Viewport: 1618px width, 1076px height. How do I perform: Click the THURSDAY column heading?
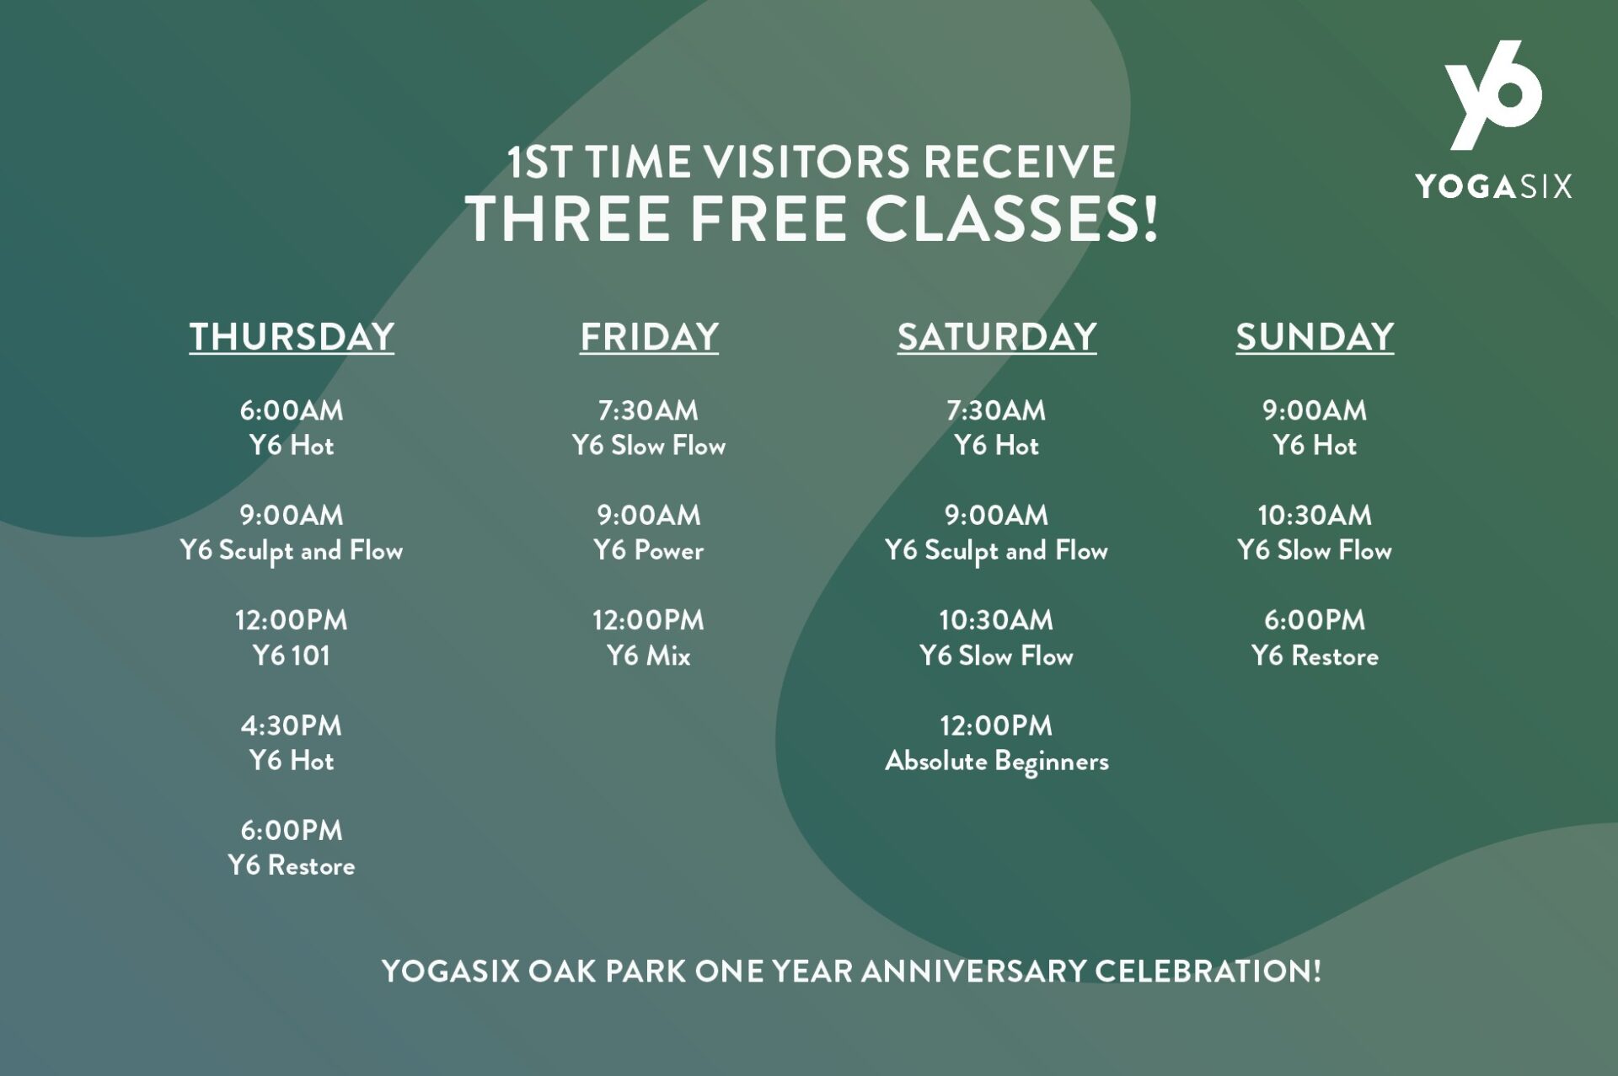pyautogui.click(x=292, y=336)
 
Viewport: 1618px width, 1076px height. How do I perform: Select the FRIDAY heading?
pyautogui.click(x=649, y=336)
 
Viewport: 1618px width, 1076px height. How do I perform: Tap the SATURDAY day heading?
pyautogui.click(x=997, y=336)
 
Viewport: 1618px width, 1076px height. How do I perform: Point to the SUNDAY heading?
pyautogui.click(x=1315, y=336)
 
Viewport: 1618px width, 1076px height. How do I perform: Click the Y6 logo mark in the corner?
pyautogui.click(x=1493, y=94)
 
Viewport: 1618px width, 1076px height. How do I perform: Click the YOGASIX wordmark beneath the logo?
pyautogui.click(x=1493, y=186)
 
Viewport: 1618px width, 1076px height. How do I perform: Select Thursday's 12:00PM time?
pyautogui.click(x=292, y=620)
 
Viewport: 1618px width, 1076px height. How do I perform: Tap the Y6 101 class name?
pyautogui.click(x=292, y=656)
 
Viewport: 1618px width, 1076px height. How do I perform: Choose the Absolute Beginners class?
pyautogui.click(x=997, y=762)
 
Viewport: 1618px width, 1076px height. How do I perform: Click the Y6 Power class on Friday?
pyautogui.click(x=649, y=550)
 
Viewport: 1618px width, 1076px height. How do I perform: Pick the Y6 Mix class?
pyautogui.click(x=649, y=656)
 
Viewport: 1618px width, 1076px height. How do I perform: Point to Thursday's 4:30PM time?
pyautogui.click(x=292, y=725)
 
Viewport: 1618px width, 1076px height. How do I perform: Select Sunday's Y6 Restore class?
pyautogui.click(x=1315, y=656)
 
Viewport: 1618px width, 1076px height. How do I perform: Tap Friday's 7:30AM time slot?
pyautogui.click(x=649, y=410)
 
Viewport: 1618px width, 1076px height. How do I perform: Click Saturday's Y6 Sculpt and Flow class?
pyautogui.click(x=997, y=551)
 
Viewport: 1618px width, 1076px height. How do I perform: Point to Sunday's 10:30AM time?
pyautogui.click(x=1315, y=515)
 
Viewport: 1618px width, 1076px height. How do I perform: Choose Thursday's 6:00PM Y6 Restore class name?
pyautogui.click(x=292, y=865)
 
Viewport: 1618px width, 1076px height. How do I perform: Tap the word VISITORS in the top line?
pyautogui.click(x=807, y=162)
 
